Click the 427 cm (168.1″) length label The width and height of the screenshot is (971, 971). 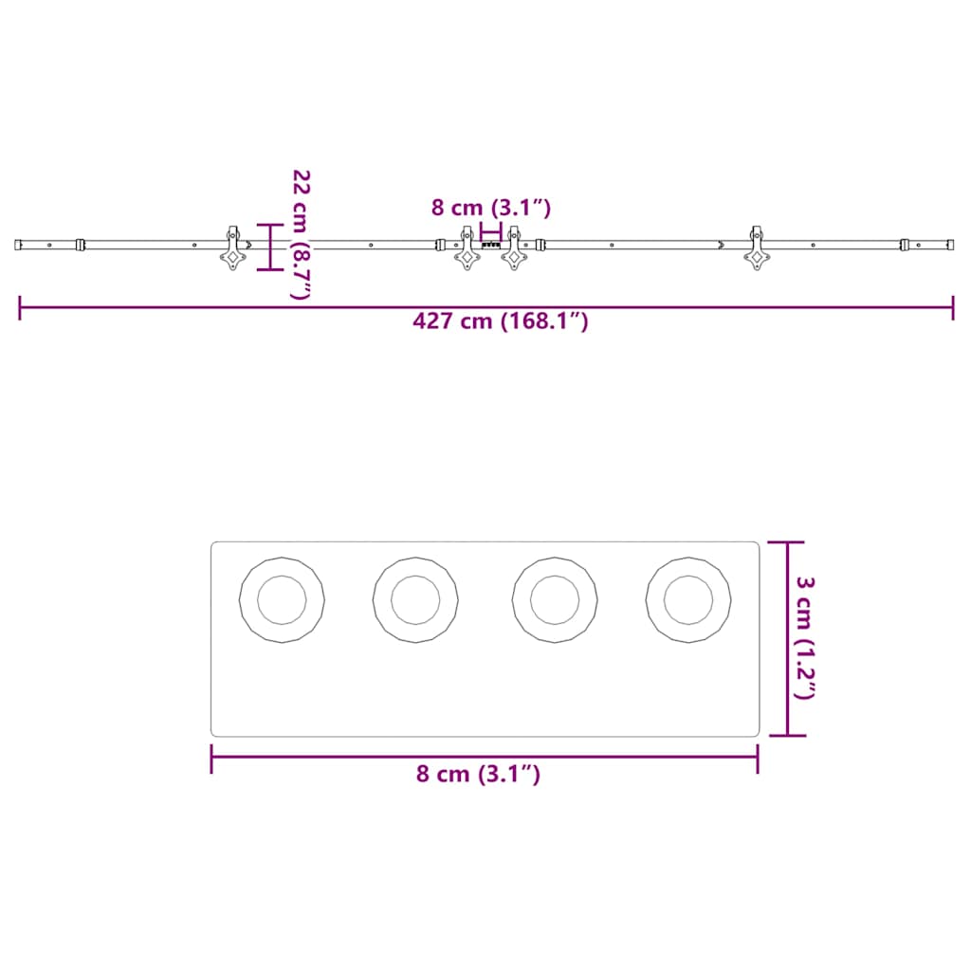(x=501, y=321)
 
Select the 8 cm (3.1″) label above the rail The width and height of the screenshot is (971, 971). (x=490, y=207)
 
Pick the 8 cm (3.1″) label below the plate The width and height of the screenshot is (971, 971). (x=478, y=774)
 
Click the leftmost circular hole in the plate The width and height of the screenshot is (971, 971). (x=282, y=600)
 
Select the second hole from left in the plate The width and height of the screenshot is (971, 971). (x=415, y=600)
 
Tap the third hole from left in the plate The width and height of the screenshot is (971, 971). (x=555, y=600)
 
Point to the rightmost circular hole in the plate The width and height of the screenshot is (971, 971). (x=688, y=600)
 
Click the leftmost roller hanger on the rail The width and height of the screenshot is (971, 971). (x=231, y=248)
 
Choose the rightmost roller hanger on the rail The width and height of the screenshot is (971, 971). (x=757, y=248)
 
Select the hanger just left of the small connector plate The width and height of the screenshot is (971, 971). (x=467, y=248)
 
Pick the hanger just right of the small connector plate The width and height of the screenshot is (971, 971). (x=514, y=248)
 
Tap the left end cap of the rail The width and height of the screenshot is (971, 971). (x=19, y=245)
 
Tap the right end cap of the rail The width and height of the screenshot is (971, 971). (x=948, y=245)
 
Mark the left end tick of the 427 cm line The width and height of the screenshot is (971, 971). (x=20, y=307)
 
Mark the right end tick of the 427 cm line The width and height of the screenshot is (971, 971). (x=953, y=307)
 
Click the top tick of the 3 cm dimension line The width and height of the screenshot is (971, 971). (x=787, y=541)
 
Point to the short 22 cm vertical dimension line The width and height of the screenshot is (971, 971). (x=270, y=247)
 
